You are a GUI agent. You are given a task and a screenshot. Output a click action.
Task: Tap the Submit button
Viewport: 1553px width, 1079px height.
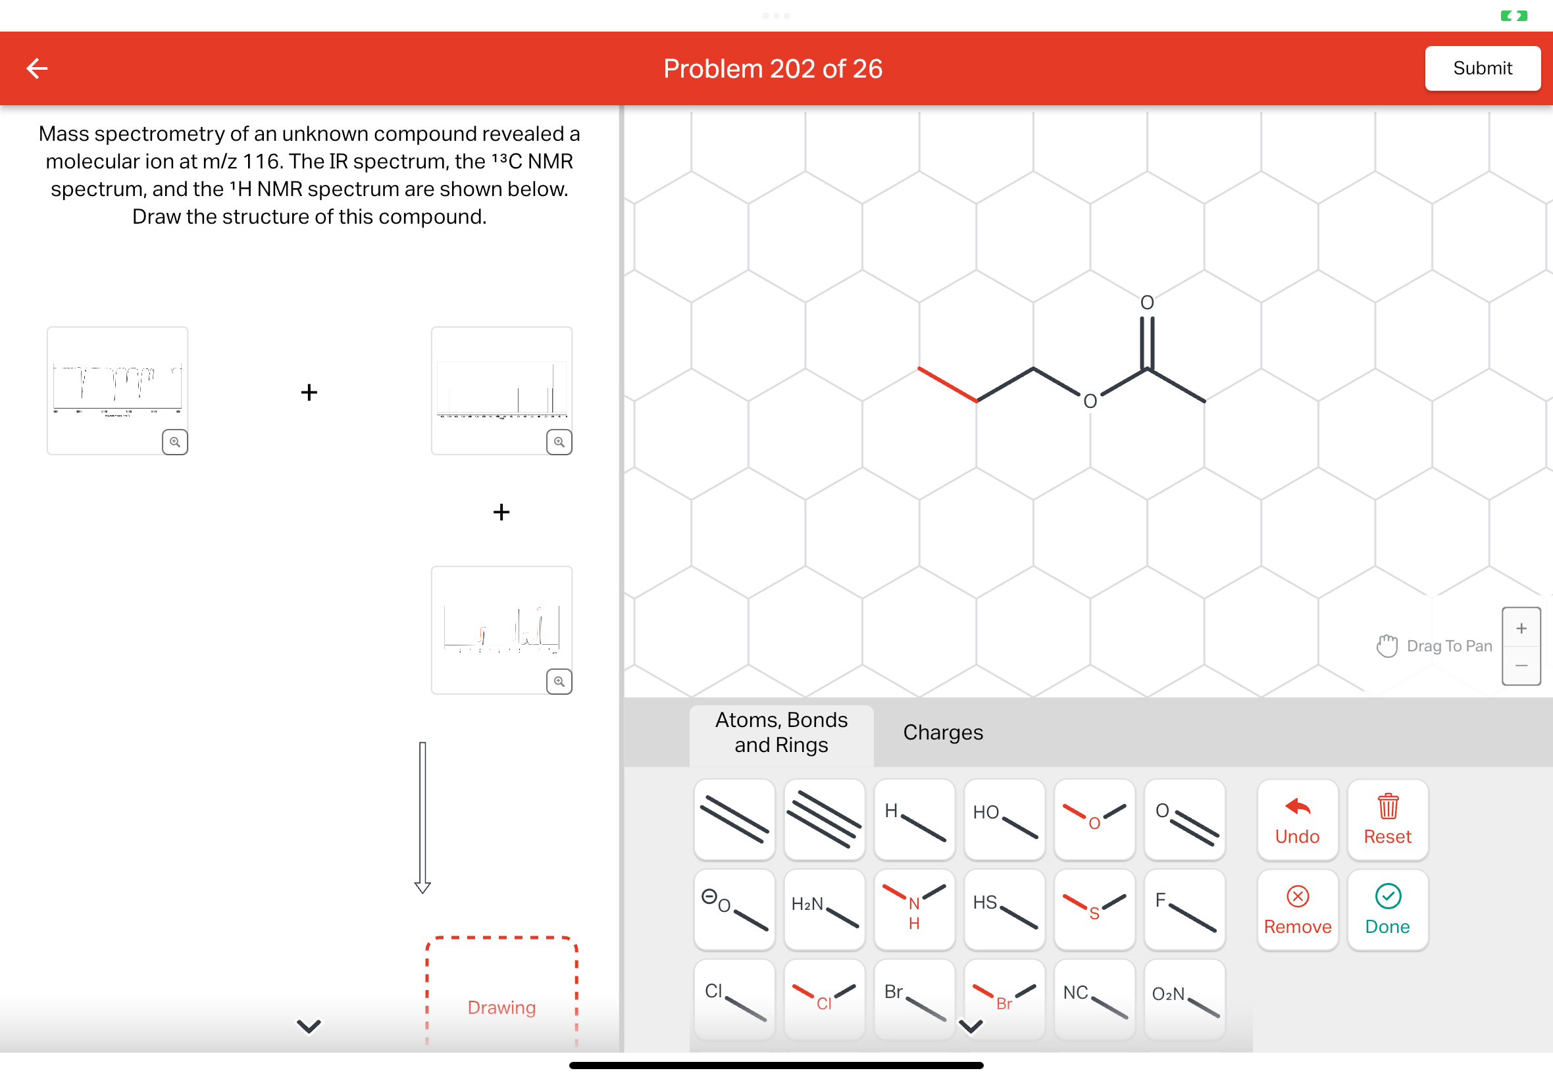pyautogui.click(x=1481, y=68)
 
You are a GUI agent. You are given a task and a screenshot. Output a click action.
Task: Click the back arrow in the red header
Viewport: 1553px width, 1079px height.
pyautogui.click(x=38, y=68)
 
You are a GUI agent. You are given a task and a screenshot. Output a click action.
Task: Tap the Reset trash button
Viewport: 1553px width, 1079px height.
pyautogui.click(x=1387, y=819)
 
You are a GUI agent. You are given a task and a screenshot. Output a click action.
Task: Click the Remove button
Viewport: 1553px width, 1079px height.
pyautogui.click(x=1297, y=909)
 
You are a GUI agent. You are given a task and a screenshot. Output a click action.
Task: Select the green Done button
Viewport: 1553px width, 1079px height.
pyautogui.click(x=1387, y=909)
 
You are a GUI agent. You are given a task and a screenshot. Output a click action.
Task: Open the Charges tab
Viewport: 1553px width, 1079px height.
pyautogui.click(x=942, y=732)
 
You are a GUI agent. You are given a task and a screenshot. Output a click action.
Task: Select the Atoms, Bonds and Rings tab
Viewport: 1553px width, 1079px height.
pyautogui.click(x=781, y=732)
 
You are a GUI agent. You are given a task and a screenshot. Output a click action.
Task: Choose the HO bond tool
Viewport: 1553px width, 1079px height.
pyautogui.click(x=1004, y=819)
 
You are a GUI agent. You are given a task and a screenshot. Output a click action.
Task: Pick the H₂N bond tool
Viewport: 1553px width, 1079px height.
pyautogui.click(x=824, y=909)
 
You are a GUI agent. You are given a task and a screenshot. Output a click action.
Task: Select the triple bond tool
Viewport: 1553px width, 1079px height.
pyautogui.click(x=824, y=819)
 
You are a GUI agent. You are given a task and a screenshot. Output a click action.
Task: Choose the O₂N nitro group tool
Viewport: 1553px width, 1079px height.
pyautogui.click(x=1184, y=999)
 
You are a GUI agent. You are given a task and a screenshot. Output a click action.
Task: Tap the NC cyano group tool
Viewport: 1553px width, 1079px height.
pyautogui.click(x=1094, y=999)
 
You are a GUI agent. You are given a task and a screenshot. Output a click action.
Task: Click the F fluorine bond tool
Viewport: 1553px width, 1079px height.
pyautogui.click(x=1184, y=909)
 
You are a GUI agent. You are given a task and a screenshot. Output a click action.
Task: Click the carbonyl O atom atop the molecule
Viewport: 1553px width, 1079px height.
pyautogui.click(x=1147, y=302)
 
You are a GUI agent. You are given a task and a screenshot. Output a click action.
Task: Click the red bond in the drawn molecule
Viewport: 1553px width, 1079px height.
pyautogui.click(x=947, y=385)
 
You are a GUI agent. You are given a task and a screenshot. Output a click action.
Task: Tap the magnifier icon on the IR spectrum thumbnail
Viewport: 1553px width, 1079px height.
pyautogui.click(x=174, y=442)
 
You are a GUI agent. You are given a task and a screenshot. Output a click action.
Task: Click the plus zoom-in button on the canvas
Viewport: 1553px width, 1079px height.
pyautogui.click(x=1521, y=628)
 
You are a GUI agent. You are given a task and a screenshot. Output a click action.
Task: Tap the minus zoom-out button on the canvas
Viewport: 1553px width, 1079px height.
pyautogui.click(x=1521, y=666)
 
